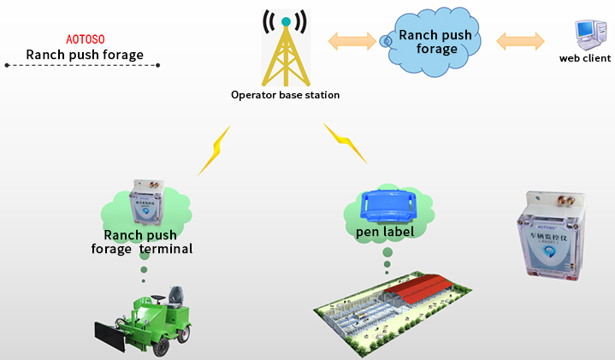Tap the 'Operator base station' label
pyautogui.click(x=285, y=95)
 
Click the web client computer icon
pyautogui.click(x=587, y=35)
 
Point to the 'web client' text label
pyautogui.click(x=585, y=58)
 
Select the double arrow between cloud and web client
pyautogui.click(x=520, y=39)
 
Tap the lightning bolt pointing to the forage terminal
pyautogui.click(x=215, y=150)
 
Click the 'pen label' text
pyautogui.click(x=385, y=232)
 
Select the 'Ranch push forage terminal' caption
pyautogui.click(x=142, y=242)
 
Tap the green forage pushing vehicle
pyautogui.click(x=163, y=316)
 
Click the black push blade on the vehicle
pyautogui.click(x=109, y=336)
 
